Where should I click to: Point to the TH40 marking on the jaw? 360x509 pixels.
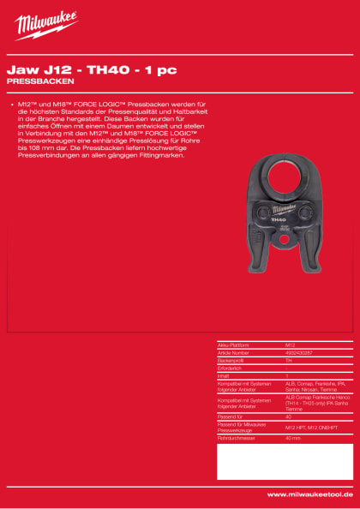[279, 219]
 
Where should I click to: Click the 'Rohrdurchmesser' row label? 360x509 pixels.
[236, 438]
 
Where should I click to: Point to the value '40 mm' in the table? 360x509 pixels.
[293, 438]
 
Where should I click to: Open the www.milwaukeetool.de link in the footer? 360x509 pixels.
[309, 494]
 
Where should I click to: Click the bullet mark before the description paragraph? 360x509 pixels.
[10, 103]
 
